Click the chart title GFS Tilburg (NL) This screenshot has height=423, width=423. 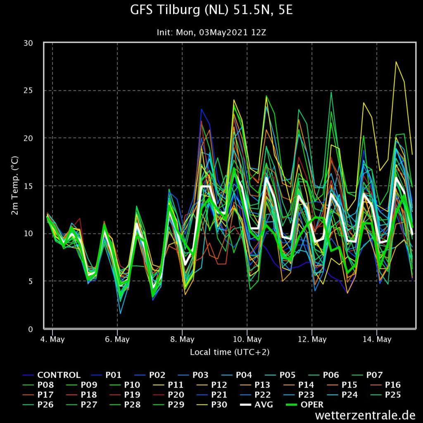[211, 10]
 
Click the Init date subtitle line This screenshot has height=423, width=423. [211, 32]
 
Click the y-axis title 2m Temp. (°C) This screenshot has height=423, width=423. [14, 185]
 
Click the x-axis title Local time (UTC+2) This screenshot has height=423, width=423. [230, 352]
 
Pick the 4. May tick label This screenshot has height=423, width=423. [52, 340]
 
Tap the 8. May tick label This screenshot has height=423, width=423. [182, 340]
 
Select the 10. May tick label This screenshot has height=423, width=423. [247, 340]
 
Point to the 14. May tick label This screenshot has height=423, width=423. [377, 340]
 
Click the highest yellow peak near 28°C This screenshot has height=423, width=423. [396, 62]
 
